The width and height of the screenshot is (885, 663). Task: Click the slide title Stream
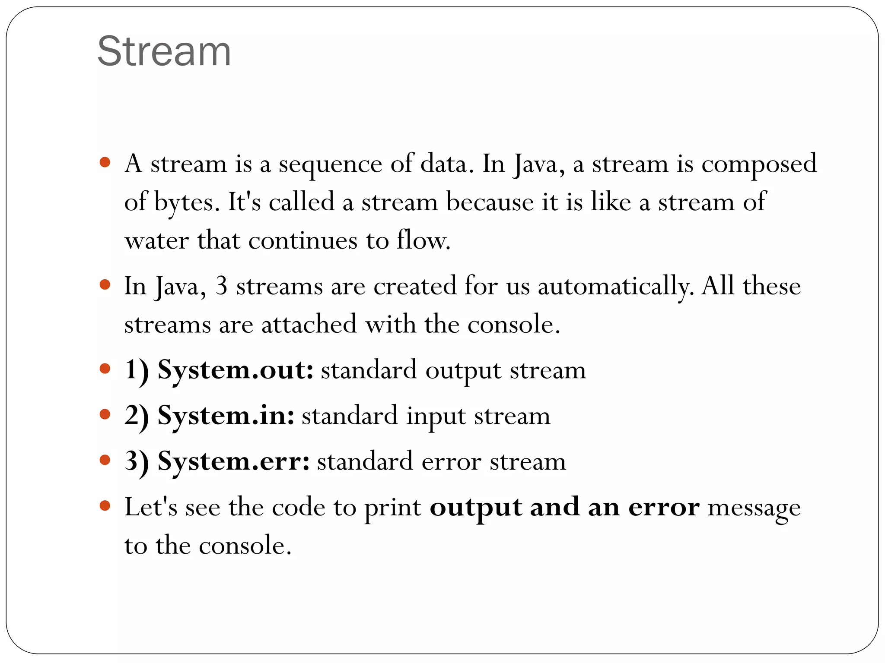[x=164, y=52]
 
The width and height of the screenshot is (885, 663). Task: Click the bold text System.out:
[x=236, y=370]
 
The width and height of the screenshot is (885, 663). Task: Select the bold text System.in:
[x=226, y=416]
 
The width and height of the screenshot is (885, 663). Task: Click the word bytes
[x=184, y=203]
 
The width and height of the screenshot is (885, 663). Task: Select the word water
[x=156, y=241]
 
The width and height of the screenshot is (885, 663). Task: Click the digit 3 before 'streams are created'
[x=221, y=286]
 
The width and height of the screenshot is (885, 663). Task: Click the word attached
[x=309, y=325]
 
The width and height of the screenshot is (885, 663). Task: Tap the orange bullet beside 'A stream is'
[x=105, y=163]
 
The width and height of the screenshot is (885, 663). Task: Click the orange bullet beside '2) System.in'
[x=105, y=414]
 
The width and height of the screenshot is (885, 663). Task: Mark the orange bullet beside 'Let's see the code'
[x=105, y=505]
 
